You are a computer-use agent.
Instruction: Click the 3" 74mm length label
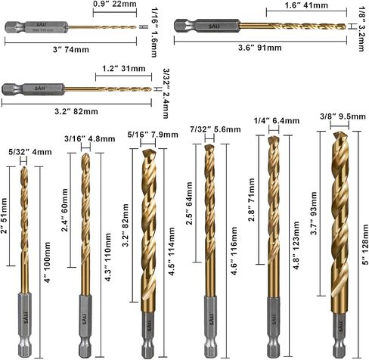71,49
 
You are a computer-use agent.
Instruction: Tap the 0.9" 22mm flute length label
115,4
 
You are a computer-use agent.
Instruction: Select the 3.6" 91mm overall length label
260,48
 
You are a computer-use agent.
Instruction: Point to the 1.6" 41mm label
306,5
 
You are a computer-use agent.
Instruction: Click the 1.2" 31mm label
124,68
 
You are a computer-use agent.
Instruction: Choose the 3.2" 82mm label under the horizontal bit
76,111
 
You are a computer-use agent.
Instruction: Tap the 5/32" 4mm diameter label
30,152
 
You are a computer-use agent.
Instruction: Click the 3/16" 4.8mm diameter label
90,138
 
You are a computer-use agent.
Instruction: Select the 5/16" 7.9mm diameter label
153,135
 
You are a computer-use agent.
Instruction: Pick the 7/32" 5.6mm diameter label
216,129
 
